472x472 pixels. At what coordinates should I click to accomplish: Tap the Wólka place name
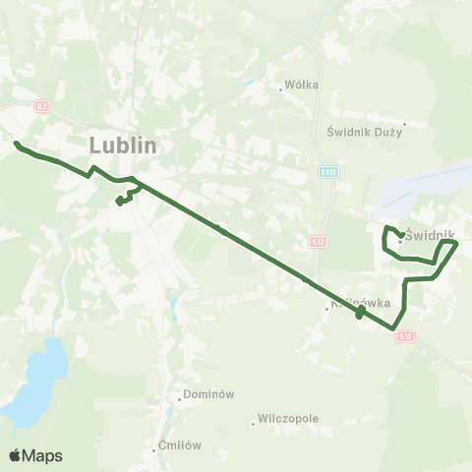pyautogui.click(x=302, y=85)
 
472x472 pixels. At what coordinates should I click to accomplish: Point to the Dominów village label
pyautogui.click(x=208, y=394)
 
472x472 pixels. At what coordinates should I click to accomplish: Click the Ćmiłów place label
pyautogui.click(x=181, y=445)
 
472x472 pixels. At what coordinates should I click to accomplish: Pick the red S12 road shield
pyautogui.click(x=406, y=336)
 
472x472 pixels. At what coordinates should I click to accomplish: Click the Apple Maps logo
pyautogui.click(x=35, y=455)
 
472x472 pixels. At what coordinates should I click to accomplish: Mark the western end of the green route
pyautogui.click(x=17, y=145)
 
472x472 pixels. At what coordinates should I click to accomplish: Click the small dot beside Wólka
pyautogui.click(x=281, y=89)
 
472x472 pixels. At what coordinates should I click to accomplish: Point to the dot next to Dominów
pyautogui.click(x=180, y=398)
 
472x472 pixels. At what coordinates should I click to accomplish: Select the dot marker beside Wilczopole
pyautogui.click(x=255, y=423)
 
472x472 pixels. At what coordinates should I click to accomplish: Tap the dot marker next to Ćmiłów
pyautogui.click(x=155, y=449)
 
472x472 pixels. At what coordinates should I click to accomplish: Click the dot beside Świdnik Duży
pyautogui.click(x=403, y=124)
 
